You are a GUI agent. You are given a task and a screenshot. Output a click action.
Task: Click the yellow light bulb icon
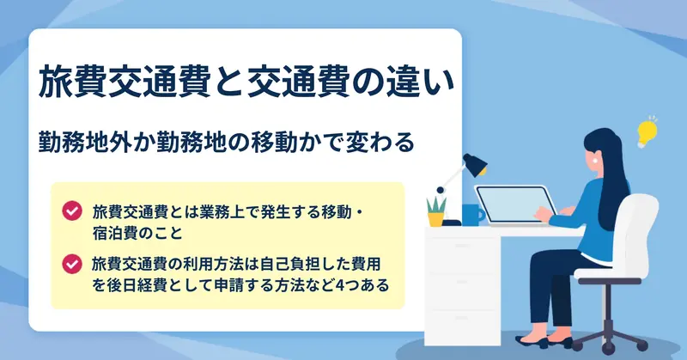647,132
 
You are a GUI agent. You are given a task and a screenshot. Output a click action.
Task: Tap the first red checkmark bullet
72,211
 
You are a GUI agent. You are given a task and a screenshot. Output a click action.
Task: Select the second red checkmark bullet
72,264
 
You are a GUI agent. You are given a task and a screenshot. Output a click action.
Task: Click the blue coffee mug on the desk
473,215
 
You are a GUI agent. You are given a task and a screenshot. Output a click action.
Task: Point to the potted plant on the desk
436,212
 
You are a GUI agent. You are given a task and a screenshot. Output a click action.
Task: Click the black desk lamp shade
476,164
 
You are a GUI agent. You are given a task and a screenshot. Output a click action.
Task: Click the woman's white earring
596,161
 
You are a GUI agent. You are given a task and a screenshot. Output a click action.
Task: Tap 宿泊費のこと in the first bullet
137,233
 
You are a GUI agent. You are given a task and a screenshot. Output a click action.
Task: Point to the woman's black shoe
532,342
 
